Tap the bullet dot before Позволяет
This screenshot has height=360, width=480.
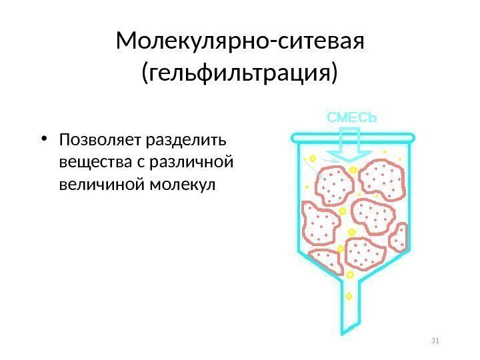(x=43, y=141)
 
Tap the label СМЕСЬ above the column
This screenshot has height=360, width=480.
(x=351, y=117)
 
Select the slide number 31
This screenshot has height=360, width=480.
(x=437, y=342)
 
